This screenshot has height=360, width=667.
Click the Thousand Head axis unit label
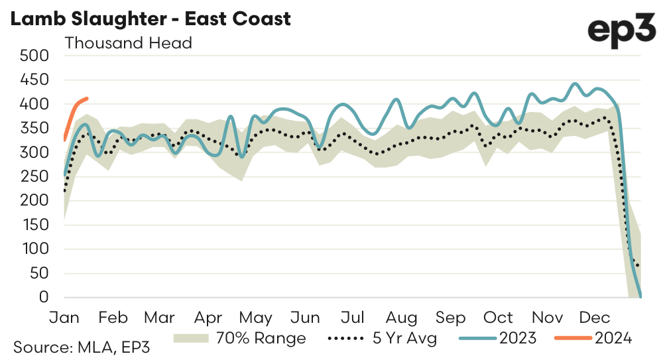[128, 43]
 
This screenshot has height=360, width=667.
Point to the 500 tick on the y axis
[36, 56]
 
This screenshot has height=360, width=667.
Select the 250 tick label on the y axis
[36, 176]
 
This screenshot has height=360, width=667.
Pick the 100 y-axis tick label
[36, 249]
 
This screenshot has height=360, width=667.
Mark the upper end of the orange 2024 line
[88, 99]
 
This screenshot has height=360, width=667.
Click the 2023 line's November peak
[575, 84]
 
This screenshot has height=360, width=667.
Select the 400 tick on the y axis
[36, 104]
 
